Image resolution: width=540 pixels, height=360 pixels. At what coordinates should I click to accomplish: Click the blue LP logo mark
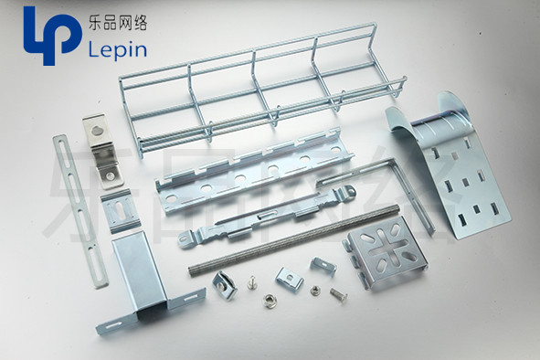[x=52, y=35]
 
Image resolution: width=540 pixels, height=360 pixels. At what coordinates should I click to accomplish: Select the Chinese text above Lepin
[x=118, y=24]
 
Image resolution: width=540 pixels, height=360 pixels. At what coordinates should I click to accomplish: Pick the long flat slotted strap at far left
[x=80, y=211]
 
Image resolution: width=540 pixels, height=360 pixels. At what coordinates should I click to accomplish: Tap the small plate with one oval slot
[x=121, y=210]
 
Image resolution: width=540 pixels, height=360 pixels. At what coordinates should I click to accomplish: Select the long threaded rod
[x=294, y=239]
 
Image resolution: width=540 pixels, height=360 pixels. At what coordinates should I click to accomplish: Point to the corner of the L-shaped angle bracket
[x=393, y=160]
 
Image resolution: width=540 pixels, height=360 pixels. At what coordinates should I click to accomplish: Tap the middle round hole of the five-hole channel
[x=239, y=178]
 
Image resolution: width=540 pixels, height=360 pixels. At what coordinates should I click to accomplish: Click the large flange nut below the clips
[x=269, y=301]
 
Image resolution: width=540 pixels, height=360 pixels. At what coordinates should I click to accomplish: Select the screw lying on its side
[x=339, y=294]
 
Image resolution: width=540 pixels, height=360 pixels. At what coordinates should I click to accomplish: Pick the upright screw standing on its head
[x=252, y=282]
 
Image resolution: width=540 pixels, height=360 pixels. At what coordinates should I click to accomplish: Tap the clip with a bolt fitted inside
[x=225, y=285]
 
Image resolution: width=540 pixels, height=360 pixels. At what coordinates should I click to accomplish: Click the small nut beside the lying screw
[x=314, y=291]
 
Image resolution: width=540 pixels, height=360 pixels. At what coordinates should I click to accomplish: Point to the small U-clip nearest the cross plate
[x=323, y=266]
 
